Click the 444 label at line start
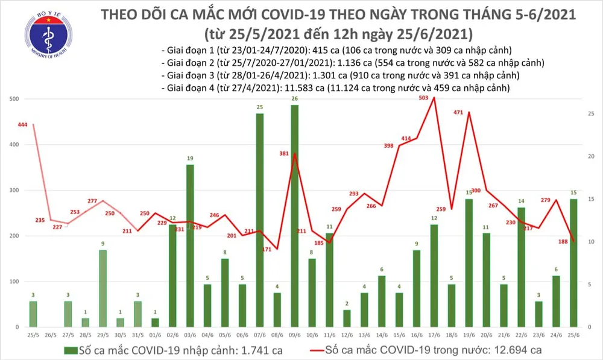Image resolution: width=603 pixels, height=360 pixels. [x=23, y=125]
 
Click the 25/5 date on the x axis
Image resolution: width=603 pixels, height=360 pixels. [x=33, y=335]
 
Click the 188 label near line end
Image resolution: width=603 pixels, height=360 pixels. [x=561, y=241]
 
